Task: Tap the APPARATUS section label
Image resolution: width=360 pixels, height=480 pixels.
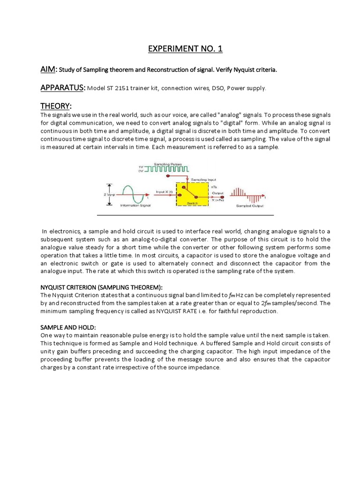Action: (x=62, y=88)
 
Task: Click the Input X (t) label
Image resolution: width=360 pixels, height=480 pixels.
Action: (x=165, y=192)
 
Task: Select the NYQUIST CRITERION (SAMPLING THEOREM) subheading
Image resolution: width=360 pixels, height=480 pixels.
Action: (x=101, y=287)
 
